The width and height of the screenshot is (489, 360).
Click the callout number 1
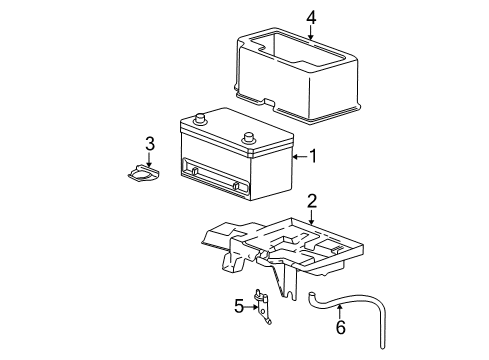pyautogui.click(x=313, y=156)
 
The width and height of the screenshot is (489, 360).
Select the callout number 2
pyautogui.click(x=311, y=202)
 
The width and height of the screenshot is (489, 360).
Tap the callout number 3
pyautogui.click(x=149, y=144)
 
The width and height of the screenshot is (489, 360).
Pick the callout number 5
pyautogui.click(x=239, y=305)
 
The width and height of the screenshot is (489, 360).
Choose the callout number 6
pyautogui.click(x=339, y=326)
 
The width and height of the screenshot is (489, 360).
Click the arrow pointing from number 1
pyautogui.click(x=297, y=156)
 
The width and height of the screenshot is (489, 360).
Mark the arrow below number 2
pyautogui.click(x=311, y=216)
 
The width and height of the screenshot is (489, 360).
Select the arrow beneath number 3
pyautogui.click(x=149, y=160)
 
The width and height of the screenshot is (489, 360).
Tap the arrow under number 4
pyautogui.click(x=311, y=32)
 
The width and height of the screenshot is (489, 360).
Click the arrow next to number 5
pyautogui.click(x=252, y=304)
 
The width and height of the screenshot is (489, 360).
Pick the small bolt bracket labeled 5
pyautogui.click(x=265, y=305)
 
